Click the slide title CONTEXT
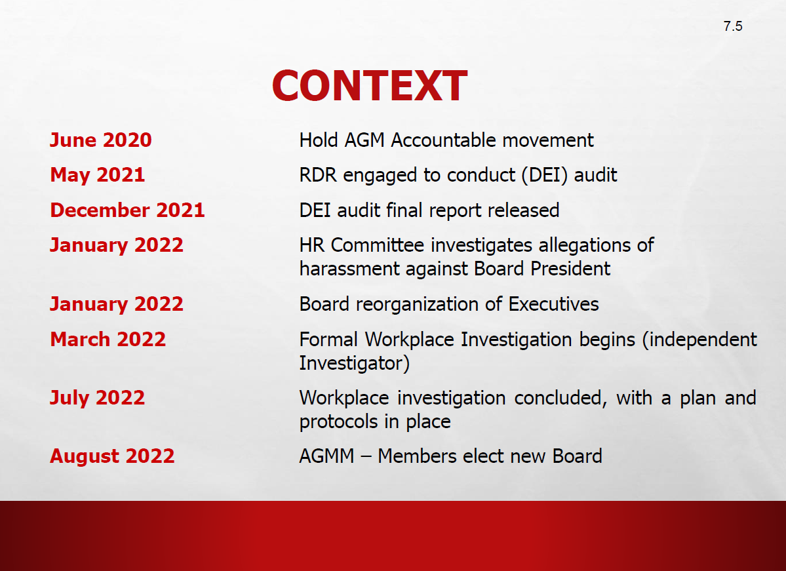click(x=370, y=86)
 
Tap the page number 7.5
click(x=733, y=26)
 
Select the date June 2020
click(x=101, y=140)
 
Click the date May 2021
click(x=97, y=175)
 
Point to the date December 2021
click(x=127, y=210)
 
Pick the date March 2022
click(x=108, y=340)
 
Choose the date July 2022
click(x=97, y=398)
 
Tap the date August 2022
click(x=112, y=456)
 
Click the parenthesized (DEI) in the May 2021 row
click(x=544, y=176)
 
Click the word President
click(x=570, y=269)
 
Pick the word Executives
click(x=553, y=304)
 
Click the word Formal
click(x=328, y=340)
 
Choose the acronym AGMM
click(x=327, y=456)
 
